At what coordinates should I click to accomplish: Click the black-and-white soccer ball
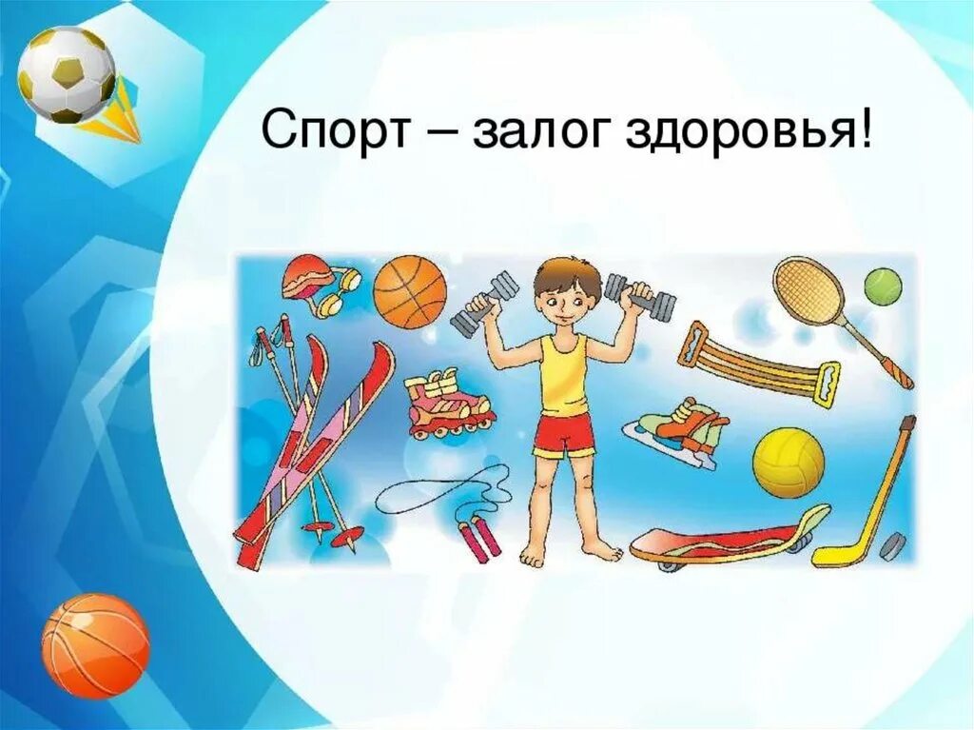click(x=67, y=74)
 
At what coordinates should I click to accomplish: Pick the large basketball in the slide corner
click(x=95, y=645)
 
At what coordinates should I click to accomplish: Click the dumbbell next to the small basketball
click(x=485, y=304)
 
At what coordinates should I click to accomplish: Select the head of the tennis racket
click(x=808, y=289)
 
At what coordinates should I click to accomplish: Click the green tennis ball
click(x=882, y=286)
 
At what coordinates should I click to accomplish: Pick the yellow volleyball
click(x=789, y=464)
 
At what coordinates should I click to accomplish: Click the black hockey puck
click(x=892, y=547)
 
